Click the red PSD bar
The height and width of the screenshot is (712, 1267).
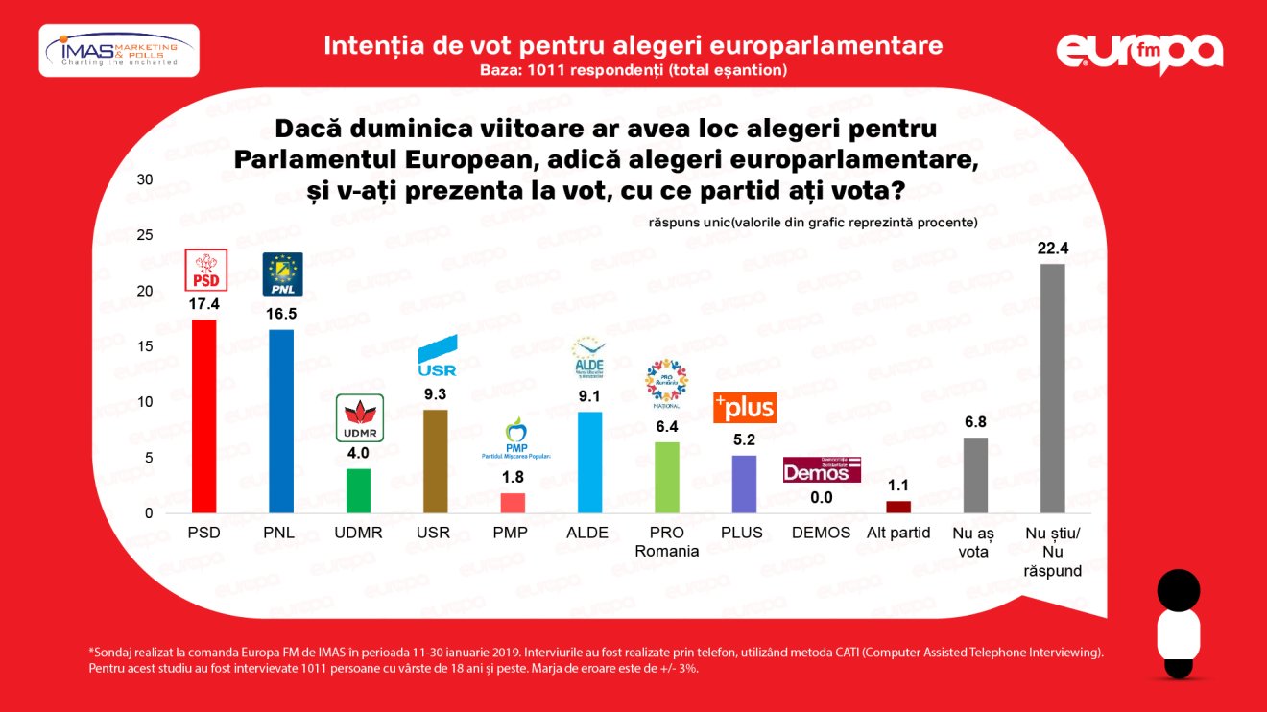(204, 416)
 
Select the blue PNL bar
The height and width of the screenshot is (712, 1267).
(281, 421)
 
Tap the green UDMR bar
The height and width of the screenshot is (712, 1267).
(358, 490)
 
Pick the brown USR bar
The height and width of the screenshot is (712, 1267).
(435, 462)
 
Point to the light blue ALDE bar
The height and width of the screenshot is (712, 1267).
(589, 463)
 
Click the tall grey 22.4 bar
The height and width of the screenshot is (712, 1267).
(1053, 389)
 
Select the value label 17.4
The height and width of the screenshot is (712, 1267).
(204, 304)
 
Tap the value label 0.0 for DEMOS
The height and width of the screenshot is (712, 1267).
(821, 498)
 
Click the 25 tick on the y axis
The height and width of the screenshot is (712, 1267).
(145, 235)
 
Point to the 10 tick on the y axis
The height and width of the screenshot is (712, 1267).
(145, 402)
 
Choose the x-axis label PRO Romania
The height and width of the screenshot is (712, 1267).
(666, 541)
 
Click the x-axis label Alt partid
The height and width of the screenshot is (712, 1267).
(897, 533)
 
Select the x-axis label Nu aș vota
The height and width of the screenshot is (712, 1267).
(975, 541)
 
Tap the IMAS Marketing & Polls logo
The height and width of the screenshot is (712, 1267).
(119, 50)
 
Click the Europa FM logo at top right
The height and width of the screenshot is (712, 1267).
(1140, 52)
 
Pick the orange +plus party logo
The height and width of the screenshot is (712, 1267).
(744, 408)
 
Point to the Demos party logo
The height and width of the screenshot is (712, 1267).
(822, 469)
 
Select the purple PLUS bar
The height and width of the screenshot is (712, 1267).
(744, 484)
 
